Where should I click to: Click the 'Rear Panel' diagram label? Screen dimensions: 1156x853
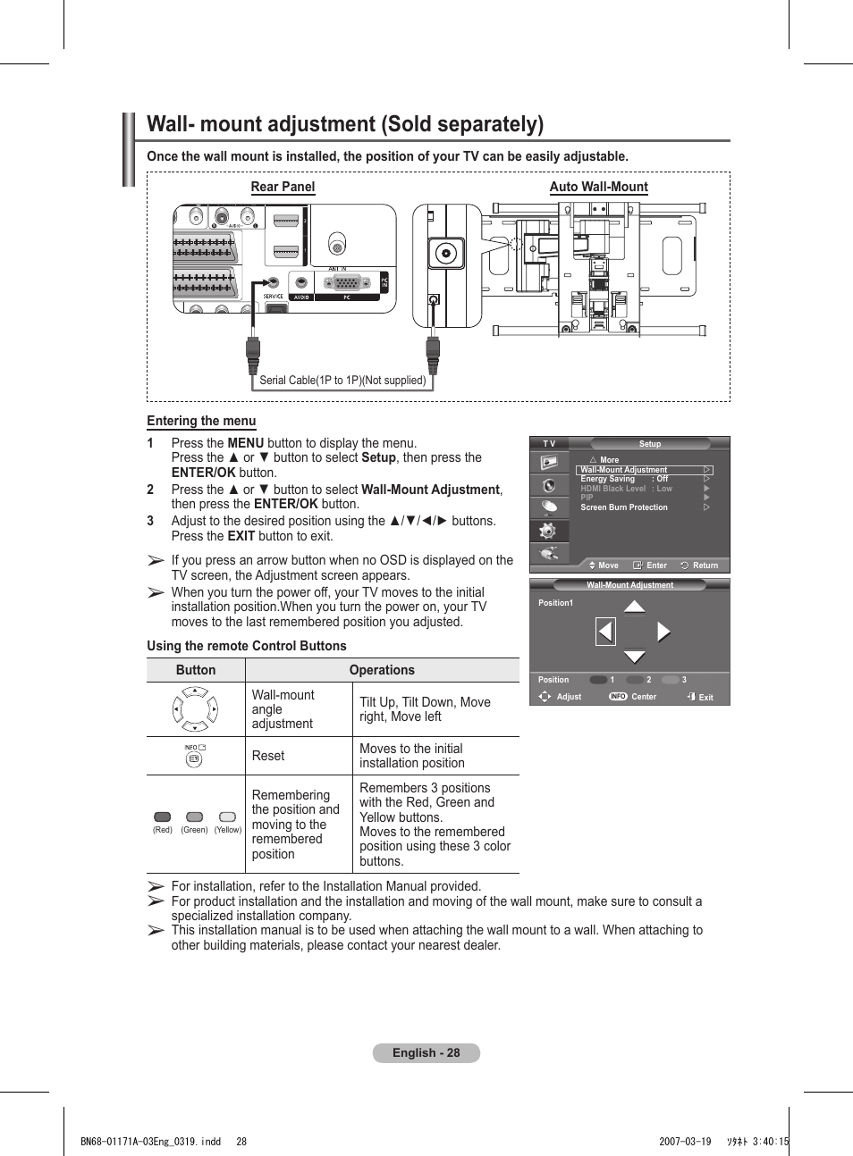(283, 187)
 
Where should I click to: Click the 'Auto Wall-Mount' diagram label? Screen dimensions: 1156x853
(598, 187)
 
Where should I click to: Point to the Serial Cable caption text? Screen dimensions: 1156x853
(342, 381)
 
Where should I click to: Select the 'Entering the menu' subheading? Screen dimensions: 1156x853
(201, 421)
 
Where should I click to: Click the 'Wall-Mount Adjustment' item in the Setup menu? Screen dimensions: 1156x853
(624, 470)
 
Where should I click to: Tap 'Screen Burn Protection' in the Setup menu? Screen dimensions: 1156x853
(624, 507)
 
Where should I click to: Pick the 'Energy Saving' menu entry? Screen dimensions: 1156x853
(608, 479)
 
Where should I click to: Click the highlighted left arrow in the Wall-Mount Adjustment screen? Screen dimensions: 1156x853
(605, 632)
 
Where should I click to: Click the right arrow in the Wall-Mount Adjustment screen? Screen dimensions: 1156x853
(663, 632)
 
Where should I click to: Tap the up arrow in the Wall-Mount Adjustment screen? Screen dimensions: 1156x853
(634, 607)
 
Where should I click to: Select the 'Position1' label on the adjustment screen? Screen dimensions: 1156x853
(555, 603)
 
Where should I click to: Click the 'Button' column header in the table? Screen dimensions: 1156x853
(196, 670)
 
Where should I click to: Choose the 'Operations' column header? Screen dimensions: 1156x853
(382, 670)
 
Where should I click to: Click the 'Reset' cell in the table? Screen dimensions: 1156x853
(268, 756)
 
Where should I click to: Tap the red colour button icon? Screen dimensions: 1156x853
(162, 817)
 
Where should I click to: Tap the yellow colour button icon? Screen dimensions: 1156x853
(228, 817)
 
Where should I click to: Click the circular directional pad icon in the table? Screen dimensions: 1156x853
(195, 709)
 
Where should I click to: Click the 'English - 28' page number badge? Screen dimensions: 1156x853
(426, 1052)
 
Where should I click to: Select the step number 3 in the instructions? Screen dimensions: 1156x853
(150, 521)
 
